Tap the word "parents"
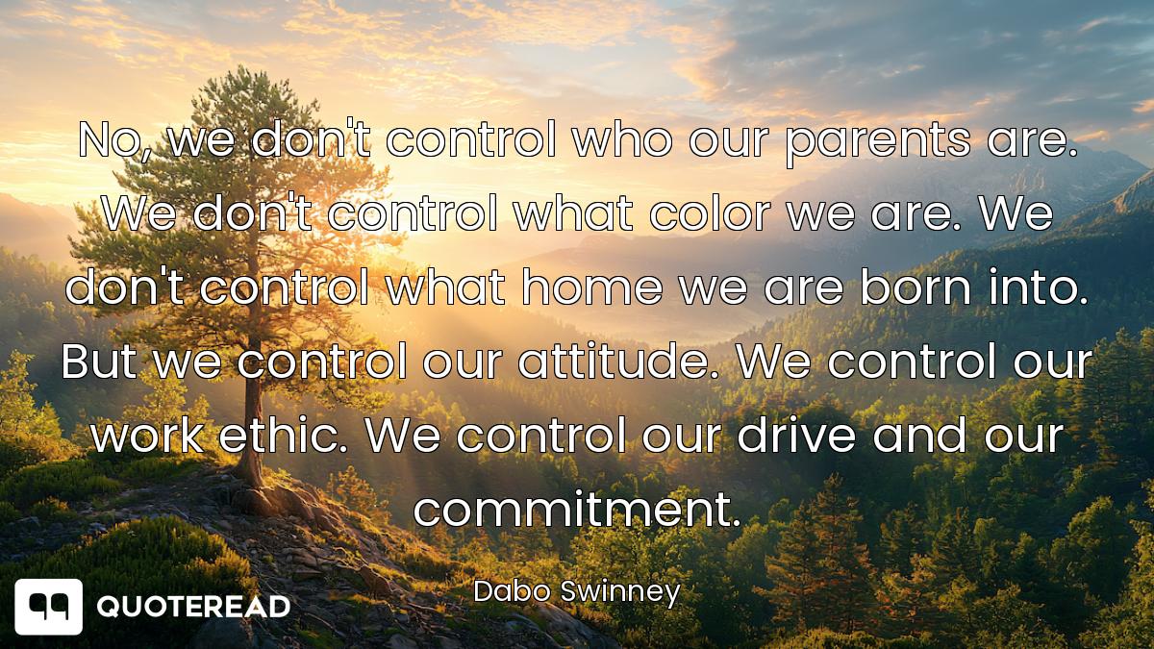877,143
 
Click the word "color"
710,212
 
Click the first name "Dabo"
512,591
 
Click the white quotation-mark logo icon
48,607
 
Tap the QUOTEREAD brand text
193,607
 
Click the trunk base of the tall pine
251,477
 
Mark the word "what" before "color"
573,212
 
